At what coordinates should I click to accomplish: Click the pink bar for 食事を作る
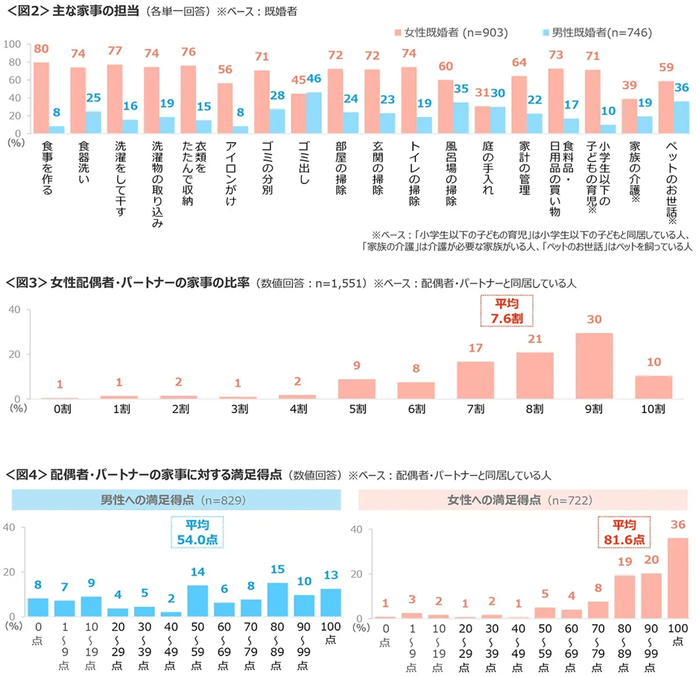click(42, 98)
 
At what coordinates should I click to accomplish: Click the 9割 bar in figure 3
click(594, 366)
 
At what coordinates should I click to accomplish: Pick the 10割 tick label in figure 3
click(653, 409)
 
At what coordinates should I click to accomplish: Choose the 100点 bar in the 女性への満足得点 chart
click(677, 578)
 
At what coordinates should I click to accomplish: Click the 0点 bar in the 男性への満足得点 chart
click(37, 607)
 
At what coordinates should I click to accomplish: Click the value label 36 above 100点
click(677, 525)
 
